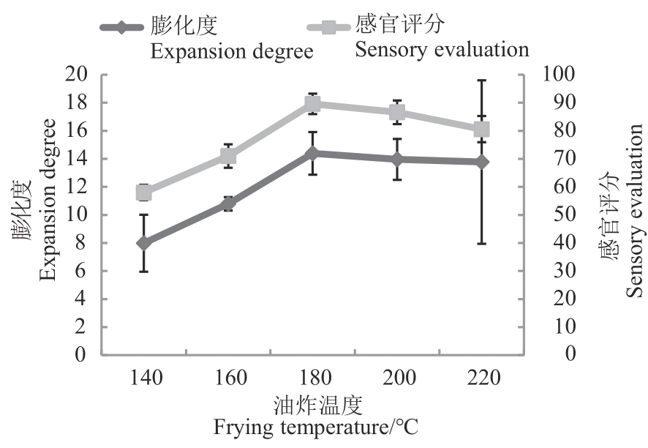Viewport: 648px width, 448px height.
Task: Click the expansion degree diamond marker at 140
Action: tap(144, 243)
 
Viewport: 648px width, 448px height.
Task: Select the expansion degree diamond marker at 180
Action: tap(312, 154)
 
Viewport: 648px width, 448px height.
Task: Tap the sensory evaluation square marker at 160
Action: tap(228, 156)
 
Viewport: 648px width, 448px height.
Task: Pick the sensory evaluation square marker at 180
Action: tap(312, 104)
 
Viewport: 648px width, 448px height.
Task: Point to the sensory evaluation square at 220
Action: tap(481, 130)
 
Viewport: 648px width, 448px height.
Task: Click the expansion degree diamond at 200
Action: tap(397, 159)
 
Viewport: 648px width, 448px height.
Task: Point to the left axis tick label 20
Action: tap(77, 75)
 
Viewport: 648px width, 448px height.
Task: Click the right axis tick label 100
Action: tap(557, 75)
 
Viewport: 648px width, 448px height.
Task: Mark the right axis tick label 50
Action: tap(552, 215)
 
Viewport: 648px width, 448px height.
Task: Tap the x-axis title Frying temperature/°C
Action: tap(316, 428)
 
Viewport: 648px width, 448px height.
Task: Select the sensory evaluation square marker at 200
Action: tap(397, 112)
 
